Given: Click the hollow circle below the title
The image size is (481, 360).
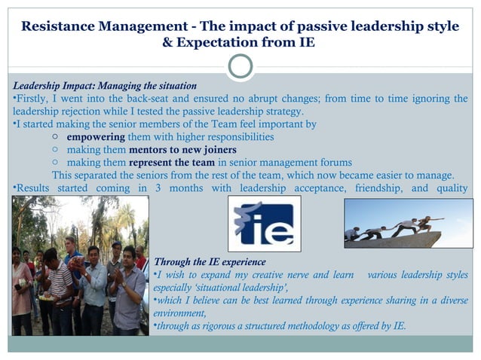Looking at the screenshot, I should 240,66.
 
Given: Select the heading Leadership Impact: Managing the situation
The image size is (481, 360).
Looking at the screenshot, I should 105,86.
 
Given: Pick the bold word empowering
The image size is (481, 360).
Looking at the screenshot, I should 96,137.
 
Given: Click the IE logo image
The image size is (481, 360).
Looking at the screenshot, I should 264,223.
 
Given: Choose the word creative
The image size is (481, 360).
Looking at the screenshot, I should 263,275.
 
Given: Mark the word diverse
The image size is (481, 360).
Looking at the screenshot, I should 450,301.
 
